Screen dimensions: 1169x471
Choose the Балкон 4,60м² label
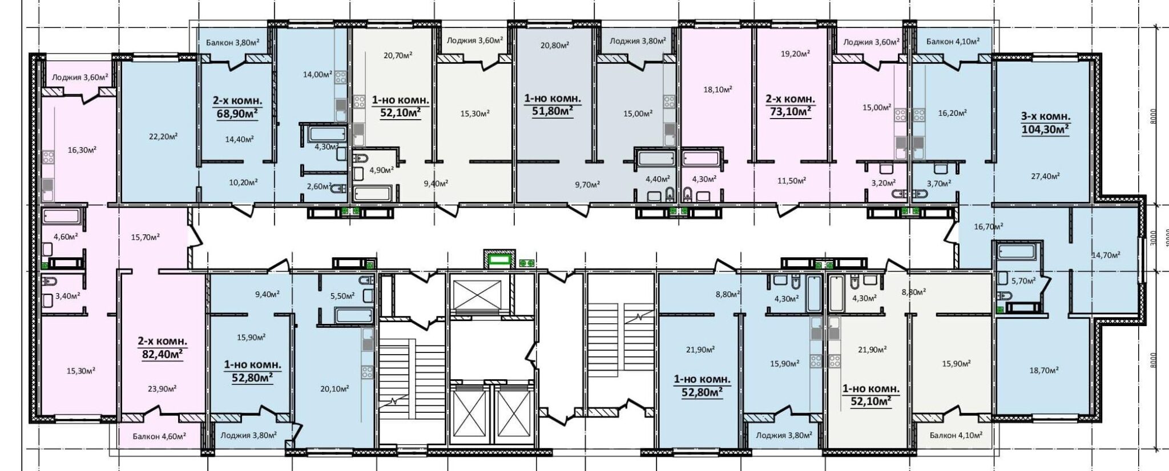pos(159,436)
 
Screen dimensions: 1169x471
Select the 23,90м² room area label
pos(162,388)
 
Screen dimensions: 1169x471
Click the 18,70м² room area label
pos(1045,370)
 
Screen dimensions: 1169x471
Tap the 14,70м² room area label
pos(1106,255)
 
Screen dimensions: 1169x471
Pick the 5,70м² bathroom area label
pos(1023,281)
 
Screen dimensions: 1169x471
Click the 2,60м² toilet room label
pos(319,186)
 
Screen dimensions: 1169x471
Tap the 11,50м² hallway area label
pos(792,181)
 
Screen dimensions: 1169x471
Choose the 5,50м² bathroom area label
pos(342,295)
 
